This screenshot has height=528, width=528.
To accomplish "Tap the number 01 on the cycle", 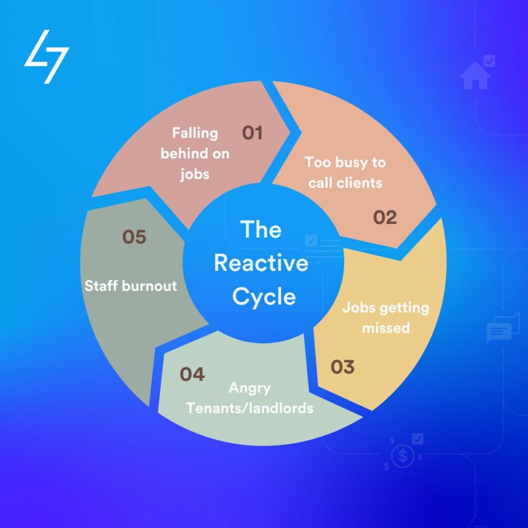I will pyautogui.click(x=253, y=133).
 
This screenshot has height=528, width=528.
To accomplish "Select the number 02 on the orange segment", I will pyautogui.click(x=385, y=217).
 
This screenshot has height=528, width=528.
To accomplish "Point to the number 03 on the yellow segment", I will pyautogui.click(x=342, y=367).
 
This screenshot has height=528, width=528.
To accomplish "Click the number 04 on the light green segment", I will pyautogui.click(x=192, y=374).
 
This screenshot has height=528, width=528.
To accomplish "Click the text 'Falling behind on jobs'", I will pyautogui.click(x=195, y=153).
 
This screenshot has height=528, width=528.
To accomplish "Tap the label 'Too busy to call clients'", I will pyautogui.click(x=345, y=172).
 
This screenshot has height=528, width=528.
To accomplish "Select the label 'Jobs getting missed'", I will pyautogui.click(x=386, y=318).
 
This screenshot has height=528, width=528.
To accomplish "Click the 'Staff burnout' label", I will pyautogui.click(x=130, y=285).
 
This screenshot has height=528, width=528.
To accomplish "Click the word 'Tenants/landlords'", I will pyautogui.click(x=250, y=408).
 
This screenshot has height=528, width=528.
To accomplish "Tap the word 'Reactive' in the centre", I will pyautogui.click(x=261, y=263).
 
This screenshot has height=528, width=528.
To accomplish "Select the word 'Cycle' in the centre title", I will pyautogui.click(x=263, y=297).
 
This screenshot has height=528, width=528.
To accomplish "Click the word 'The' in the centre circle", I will pyautogui.click(x=261, y=229).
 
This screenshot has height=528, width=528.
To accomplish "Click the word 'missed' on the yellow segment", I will pyautogui.click(x=386, y=328).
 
